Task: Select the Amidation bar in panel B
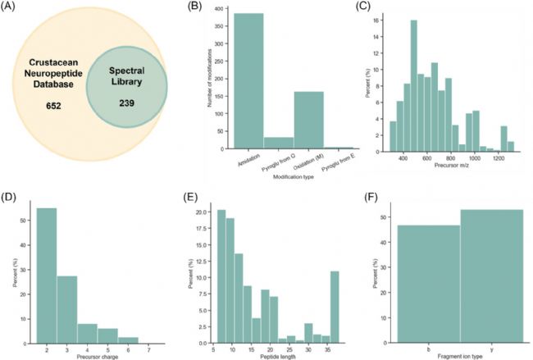pos(238,81)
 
